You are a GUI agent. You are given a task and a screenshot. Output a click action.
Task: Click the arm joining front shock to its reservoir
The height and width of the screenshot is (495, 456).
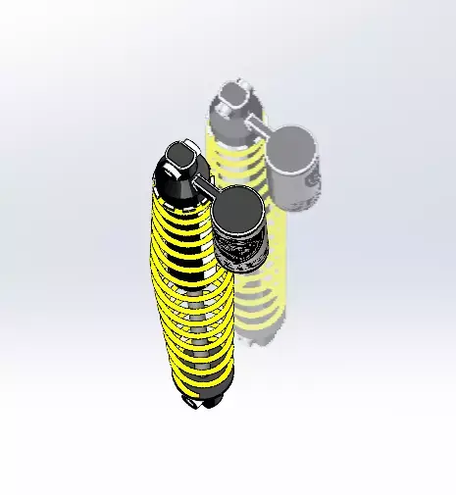204,184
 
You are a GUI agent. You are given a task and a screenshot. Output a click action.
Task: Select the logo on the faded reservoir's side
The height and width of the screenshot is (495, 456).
312,186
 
